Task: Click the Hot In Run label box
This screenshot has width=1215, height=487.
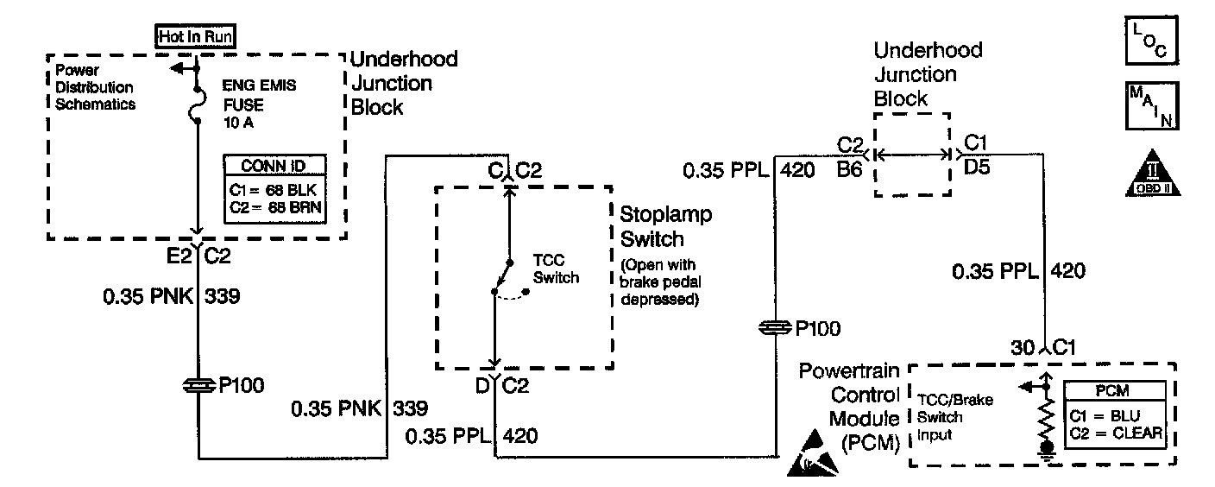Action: [x=196, y=36]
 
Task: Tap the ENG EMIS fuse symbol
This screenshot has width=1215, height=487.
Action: [x=198, y=102]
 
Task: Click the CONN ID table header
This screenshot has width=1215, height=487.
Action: [x=274, y=166]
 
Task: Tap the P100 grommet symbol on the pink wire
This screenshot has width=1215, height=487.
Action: [x=198, y=384]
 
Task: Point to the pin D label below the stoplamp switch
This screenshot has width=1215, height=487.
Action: [x=482, y=385]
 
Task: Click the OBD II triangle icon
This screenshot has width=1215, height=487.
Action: [x=1149, y=174]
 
